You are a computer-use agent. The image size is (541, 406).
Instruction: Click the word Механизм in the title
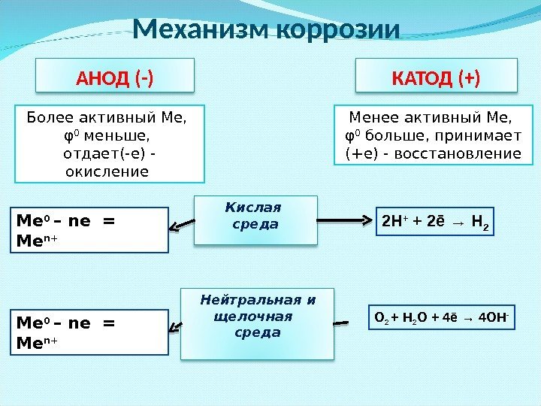[x=201, y=30]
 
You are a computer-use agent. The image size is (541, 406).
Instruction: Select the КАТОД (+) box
[x=437, y=77]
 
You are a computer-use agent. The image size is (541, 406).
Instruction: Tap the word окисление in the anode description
[x=108, y=172]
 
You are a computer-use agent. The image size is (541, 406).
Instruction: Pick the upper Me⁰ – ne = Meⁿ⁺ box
[x=91, y=229]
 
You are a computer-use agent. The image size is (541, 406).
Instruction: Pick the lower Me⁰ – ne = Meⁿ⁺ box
[x=91, y=332]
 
